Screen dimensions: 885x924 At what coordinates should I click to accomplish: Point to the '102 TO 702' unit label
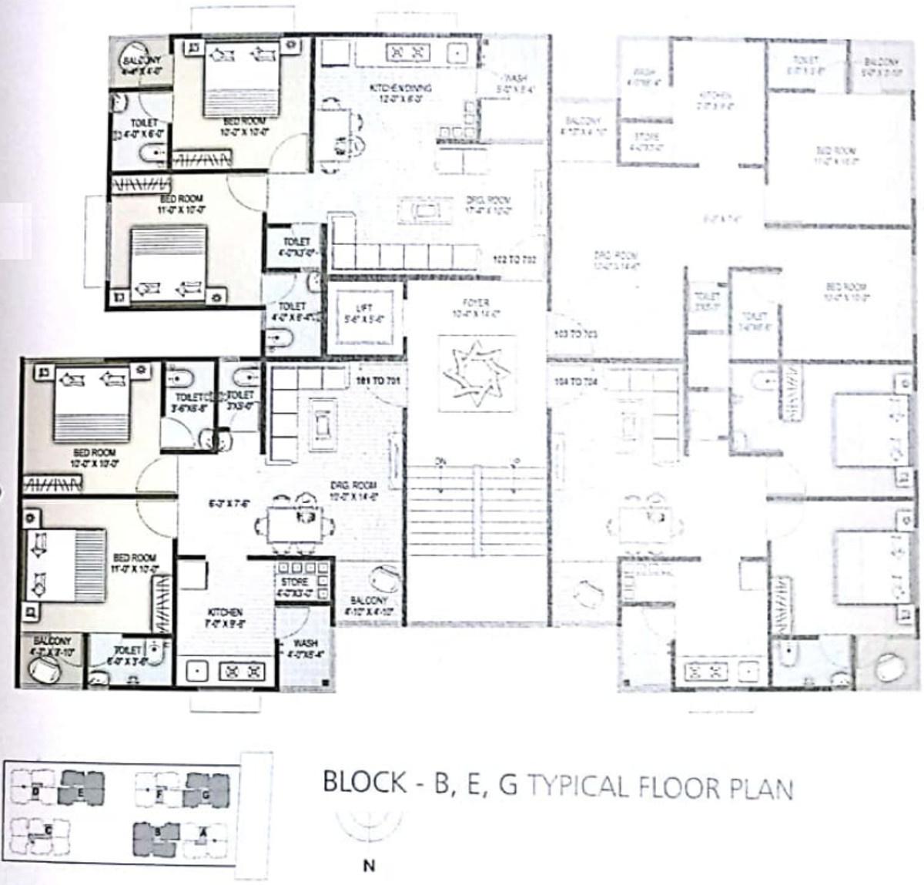point(514,260)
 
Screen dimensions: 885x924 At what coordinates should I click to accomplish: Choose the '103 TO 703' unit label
point(575,334)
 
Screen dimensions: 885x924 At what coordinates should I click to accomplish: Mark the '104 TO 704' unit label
point(575,382)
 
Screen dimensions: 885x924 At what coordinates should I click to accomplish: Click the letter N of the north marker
point(369,866)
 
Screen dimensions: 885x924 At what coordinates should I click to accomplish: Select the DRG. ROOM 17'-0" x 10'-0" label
point(487,205)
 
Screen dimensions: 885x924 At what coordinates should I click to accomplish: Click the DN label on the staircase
point(440,461)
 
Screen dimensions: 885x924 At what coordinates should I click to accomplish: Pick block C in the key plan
point(48,830)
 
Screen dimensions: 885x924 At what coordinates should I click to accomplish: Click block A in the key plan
point(203,832)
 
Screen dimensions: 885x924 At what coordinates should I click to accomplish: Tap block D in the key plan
point(35,790)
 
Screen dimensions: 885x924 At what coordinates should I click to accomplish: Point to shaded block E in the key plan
point(81,790)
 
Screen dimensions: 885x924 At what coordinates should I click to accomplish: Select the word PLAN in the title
point(758,789)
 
